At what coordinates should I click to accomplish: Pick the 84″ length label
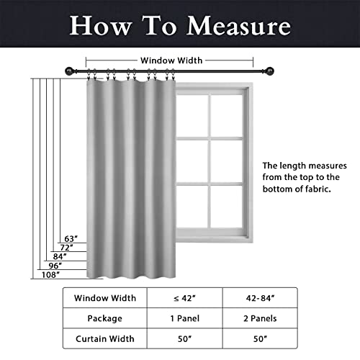click(x=60, y=256)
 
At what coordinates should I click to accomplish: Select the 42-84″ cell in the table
click(x=260, y=297)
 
